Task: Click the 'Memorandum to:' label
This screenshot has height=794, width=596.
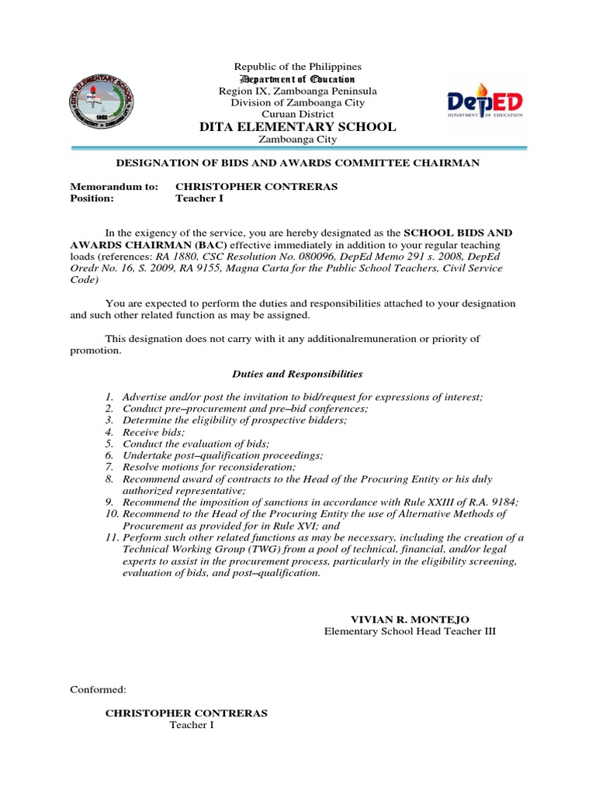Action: [114, 187]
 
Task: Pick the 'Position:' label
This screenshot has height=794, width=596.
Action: [92, 198]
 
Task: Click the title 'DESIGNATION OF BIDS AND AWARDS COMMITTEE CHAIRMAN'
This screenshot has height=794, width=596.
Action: [297, 163]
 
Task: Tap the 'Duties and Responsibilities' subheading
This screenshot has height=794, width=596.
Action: [299, 374]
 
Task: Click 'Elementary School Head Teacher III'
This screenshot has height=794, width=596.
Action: [409, 631]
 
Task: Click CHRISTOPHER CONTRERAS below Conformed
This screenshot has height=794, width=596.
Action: [186, 713]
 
